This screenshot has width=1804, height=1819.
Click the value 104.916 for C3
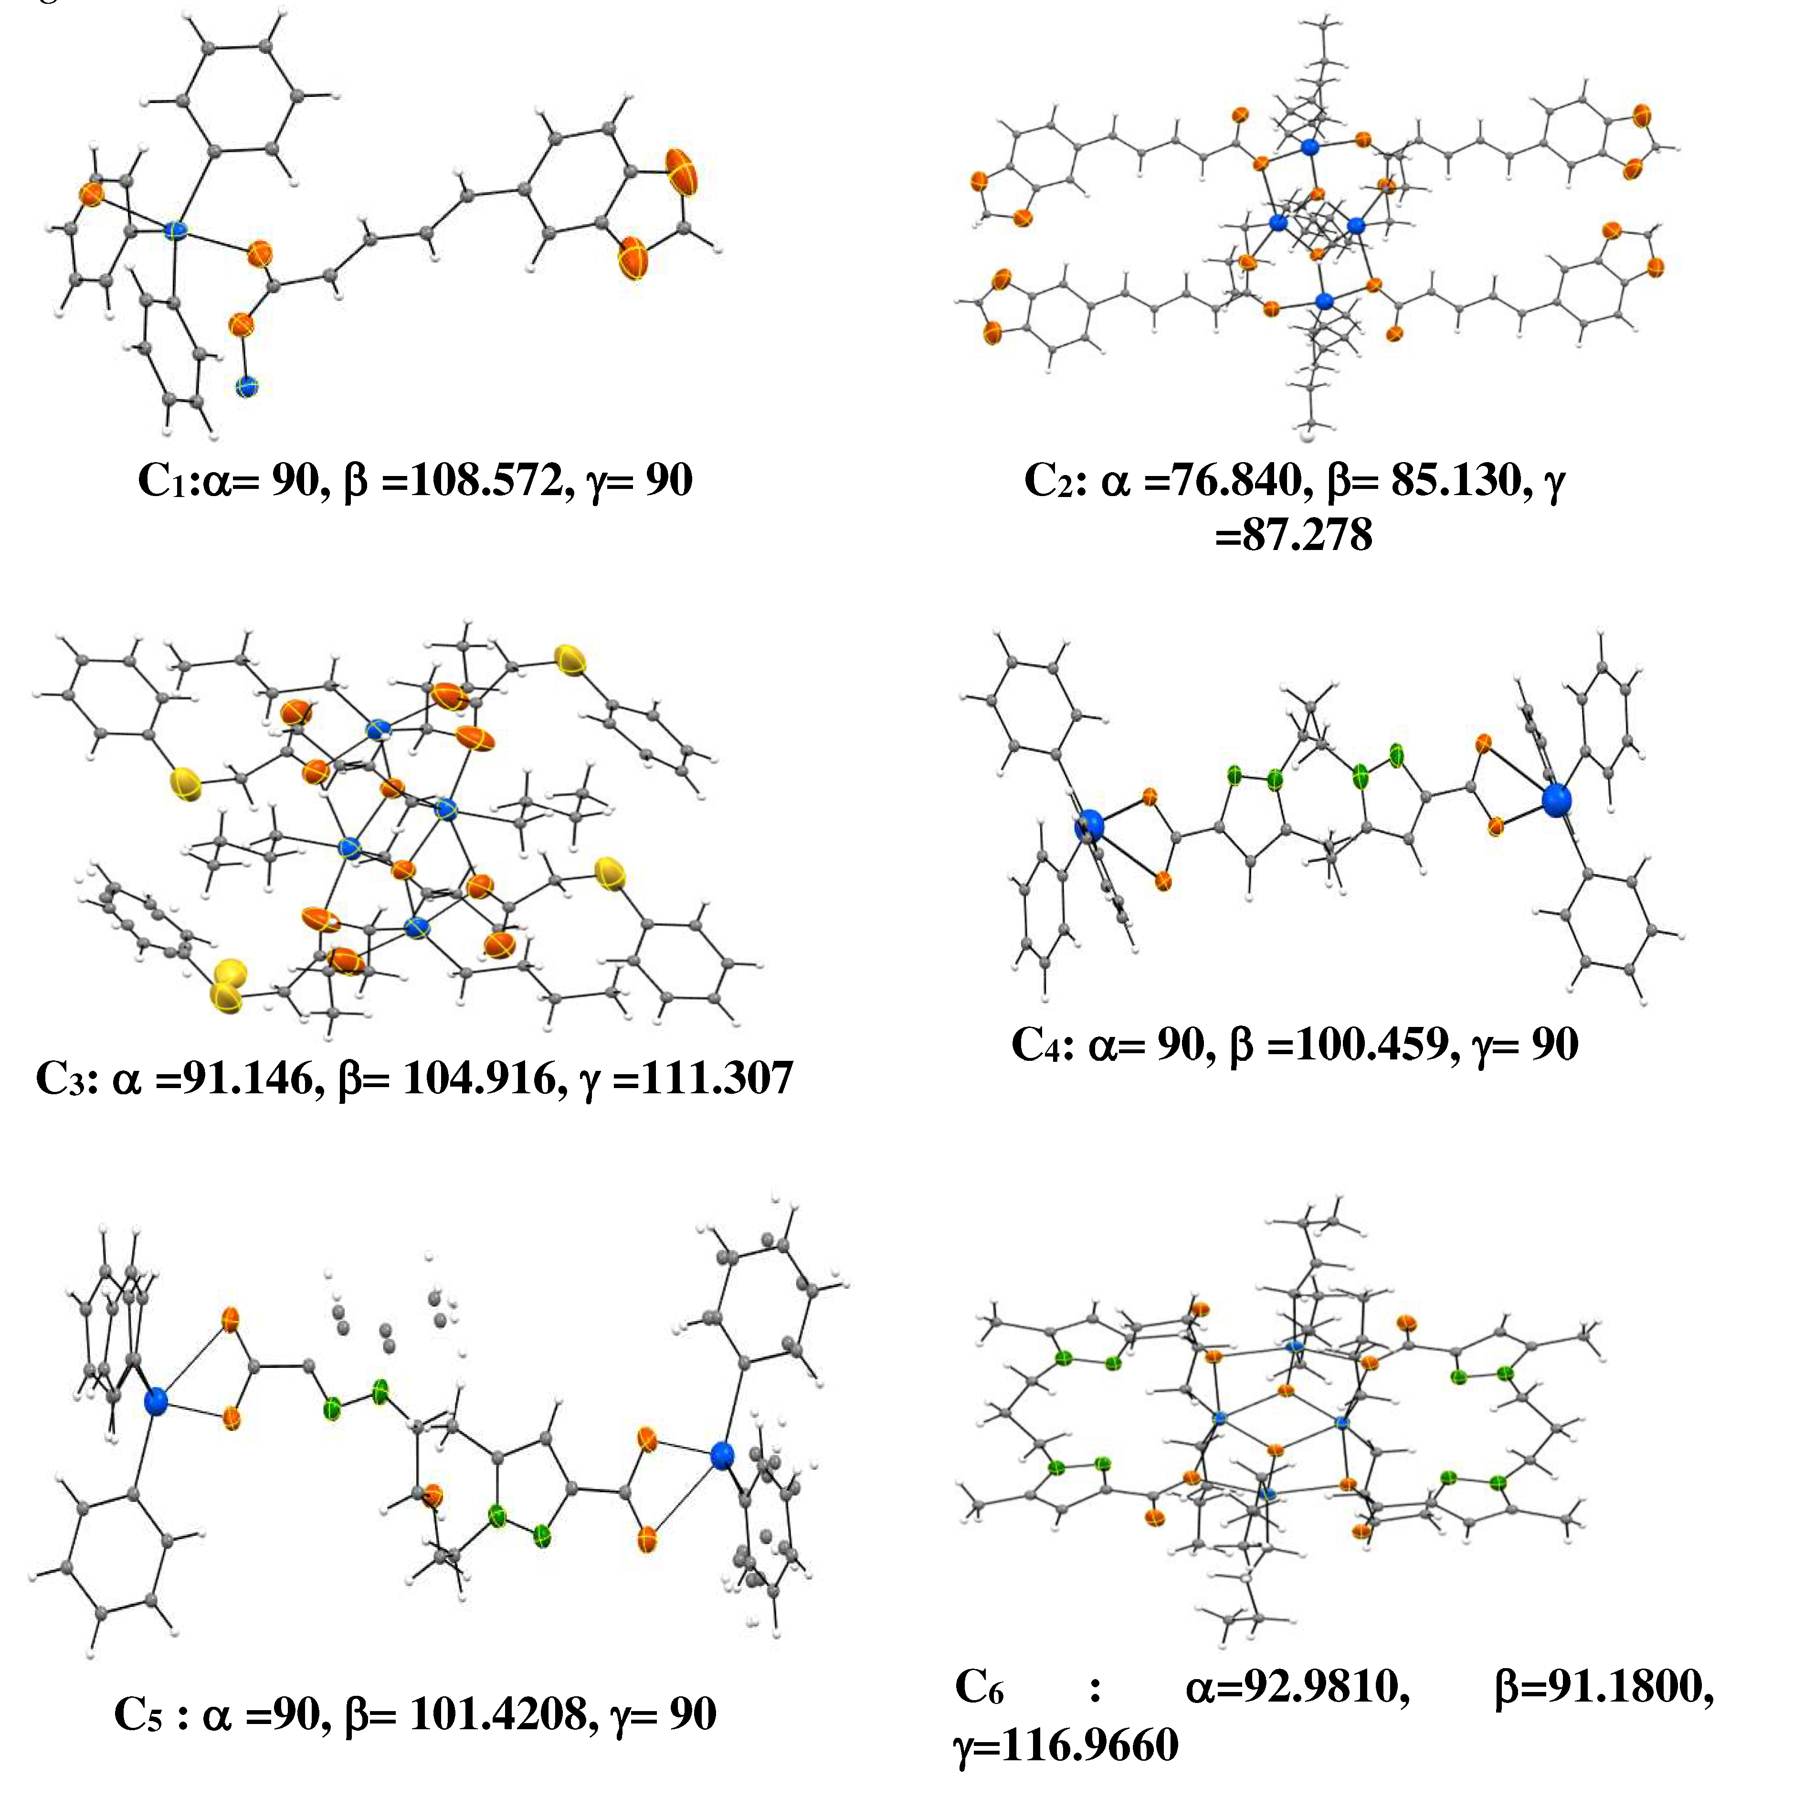pyautogui.click(x=480, y=1078)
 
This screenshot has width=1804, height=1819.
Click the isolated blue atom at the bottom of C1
pyautogui.click(x=247, y=386)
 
